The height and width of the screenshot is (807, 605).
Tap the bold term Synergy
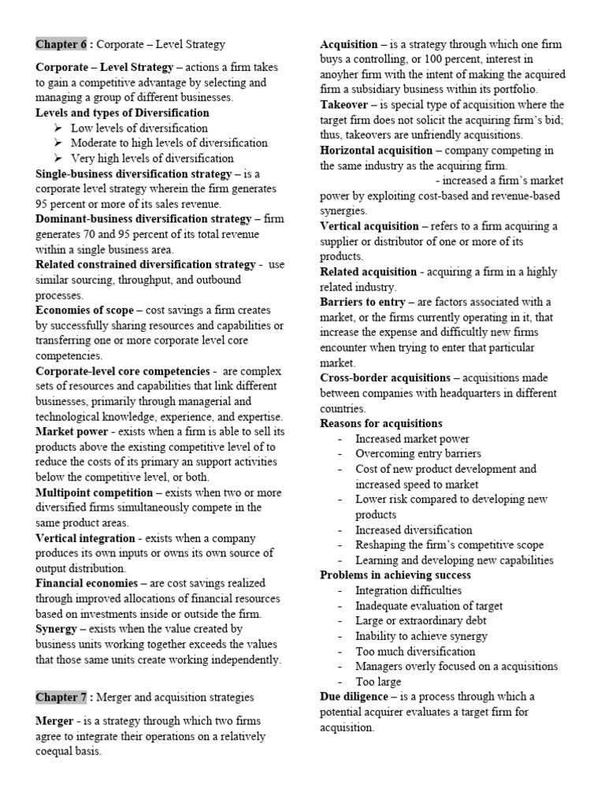pos(55,629)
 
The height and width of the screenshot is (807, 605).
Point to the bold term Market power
pos(72,431)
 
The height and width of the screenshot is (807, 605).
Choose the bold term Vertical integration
pos(85,537)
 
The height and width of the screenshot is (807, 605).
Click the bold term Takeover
pos(344,105)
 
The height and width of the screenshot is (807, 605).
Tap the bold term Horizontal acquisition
pos(377,151)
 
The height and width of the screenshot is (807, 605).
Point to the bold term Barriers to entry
pos(362,302)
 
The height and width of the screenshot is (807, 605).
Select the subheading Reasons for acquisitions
pos(381,423)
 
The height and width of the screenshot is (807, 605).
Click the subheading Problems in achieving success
pos(395,575)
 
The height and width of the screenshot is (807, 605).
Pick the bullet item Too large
pos(378,681)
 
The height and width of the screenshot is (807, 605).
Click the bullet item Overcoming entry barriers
pos(418,454)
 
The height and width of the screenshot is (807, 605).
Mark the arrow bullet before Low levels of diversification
pos(58,128)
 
